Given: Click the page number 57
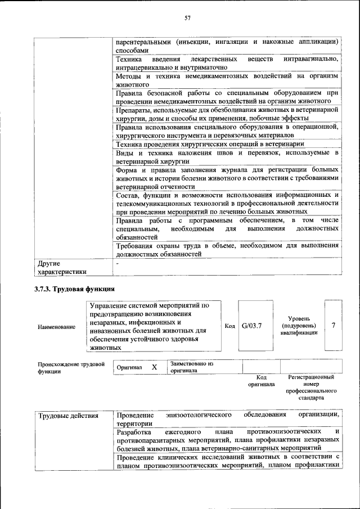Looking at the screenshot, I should (188, 19).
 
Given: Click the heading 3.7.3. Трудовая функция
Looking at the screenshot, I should (74, 289).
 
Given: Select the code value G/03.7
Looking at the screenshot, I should (253, 326).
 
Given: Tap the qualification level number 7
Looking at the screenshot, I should (334, 326).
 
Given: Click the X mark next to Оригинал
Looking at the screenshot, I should (155, 367).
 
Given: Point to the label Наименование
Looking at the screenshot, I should (56, 327).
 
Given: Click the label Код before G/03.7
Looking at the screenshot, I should (229, 326).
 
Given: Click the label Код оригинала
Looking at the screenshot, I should (261, 381).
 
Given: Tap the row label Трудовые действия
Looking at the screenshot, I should (68, 416).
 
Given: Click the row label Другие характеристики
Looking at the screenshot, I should (62, 268).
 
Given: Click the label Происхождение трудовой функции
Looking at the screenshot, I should (71, 368).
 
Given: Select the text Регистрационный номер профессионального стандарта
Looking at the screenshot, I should (311, 387).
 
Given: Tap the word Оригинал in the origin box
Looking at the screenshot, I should (129, 367).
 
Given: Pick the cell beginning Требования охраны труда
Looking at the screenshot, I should (227, 250).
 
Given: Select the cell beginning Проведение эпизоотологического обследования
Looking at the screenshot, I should (227, 419).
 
